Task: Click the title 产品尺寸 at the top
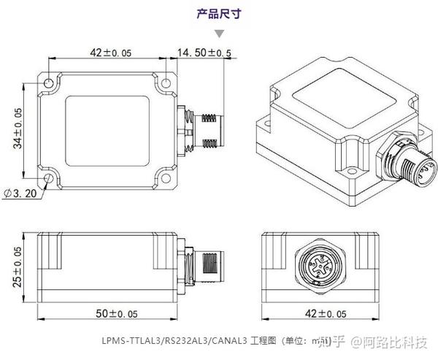point(220,13)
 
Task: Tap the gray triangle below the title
point(220,33)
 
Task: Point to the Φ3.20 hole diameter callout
point(20,194)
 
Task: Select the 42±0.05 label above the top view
point(109,53)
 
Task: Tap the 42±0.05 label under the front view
point(322,314)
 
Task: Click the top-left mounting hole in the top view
point(49,83)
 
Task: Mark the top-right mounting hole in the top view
point(166,83)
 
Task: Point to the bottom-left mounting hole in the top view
point(49,177)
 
